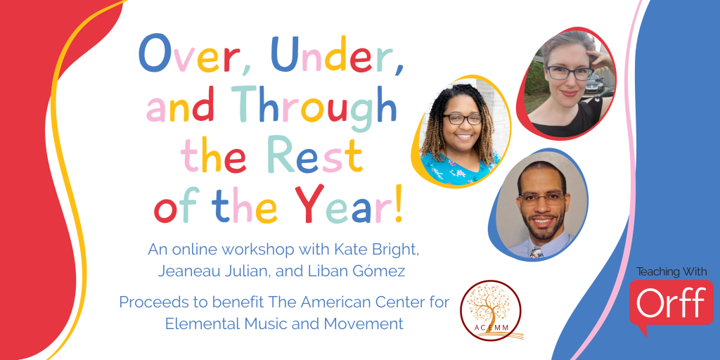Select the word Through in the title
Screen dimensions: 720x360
coord(314,104)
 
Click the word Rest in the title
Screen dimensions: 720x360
coord(316,153)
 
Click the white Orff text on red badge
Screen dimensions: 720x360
coord(671,302)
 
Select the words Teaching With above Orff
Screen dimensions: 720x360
coord(671,271)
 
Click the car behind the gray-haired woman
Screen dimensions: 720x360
coord(595,83)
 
